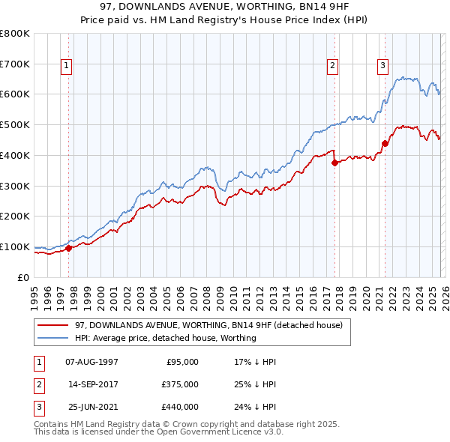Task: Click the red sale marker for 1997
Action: (x=68, y=248)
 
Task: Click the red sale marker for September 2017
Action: (x=334, y=163)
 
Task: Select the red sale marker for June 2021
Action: (x=385, y=143)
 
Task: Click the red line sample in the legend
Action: (x=53, y=325)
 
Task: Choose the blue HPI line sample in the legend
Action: (x=53, y=338)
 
